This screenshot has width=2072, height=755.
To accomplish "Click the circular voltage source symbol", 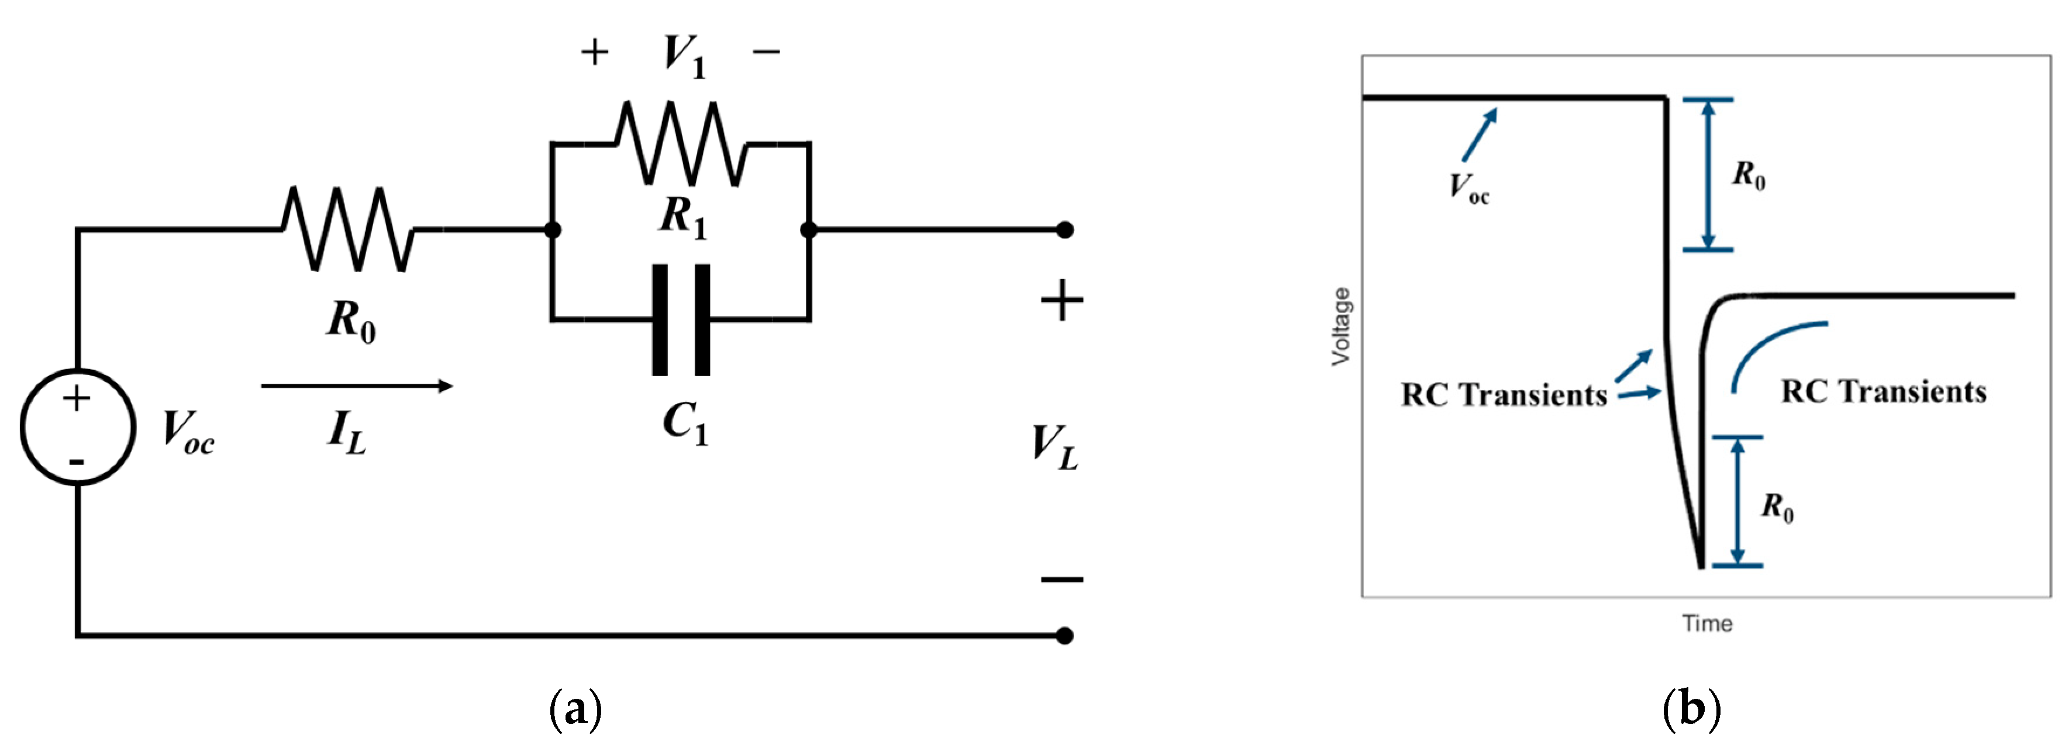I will [x=77, y=427].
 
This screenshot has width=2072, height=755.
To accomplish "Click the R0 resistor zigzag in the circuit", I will [x=347, y=230].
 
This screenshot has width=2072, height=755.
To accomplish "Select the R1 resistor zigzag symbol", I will [x=681, y=144].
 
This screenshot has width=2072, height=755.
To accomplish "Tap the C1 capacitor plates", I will [x=681, y=320].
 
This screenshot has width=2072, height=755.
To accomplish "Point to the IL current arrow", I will [x=356, y=386].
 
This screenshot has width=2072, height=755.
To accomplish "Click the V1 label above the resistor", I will [x=684, y=56].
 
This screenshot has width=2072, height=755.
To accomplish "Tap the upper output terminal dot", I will [x=1064, y=230].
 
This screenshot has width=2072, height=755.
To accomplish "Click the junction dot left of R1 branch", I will [x=553, y=230].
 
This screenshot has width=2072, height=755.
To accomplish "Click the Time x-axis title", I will [x=1707, y=623].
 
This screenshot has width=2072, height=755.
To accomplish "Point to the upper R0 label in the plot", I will [x=1749, y=174].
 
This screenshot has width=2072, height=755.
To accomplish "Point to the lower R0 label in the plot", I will [x=1777, y=508].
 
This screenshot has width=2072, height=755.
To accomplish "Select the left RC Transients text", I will [x=1504, y=395].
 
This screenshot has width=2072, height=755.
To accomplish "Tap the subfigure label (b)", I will [x=1691, y=708].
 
